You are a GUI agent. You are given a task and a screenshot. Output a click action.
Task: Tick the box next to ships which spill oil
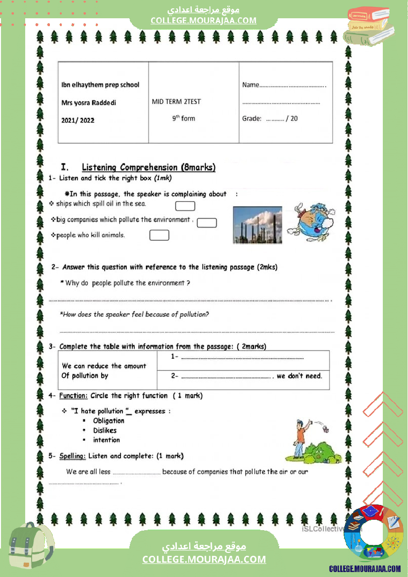pos(185,206)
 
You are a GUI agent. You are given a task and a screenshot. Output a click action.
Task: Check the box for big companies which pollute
pos(207,223)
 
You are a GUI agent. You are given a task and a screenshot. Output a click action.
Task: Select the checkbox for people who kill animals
pos(159,235)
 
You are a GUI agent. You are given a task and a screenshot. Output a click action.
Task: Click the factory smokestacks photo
pos(257,225)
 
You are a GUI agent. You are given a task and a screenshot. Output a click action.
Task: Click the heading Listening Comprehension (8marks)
pos(148,167)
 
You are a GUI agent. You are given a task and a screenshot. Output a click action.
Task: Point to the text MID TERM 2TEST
pos(176,102)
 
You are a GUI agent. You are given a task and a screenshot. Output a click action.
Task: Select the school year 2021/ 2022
pos(78,120)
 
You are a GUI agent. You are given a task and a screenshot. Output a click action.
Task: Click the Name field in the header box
pos(284,85)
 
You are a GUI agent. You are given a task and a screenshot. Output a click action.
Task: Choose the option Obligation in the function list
pos(109,421)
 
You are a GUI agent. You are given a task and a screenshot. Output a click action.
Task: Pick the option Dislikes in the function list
pos(105,430)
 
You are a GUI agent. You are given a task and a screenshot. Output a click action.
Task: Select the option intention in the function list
pos(106,440)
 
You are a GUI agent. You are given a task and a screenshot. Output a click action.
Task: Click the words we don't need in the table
pos(299,376)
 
